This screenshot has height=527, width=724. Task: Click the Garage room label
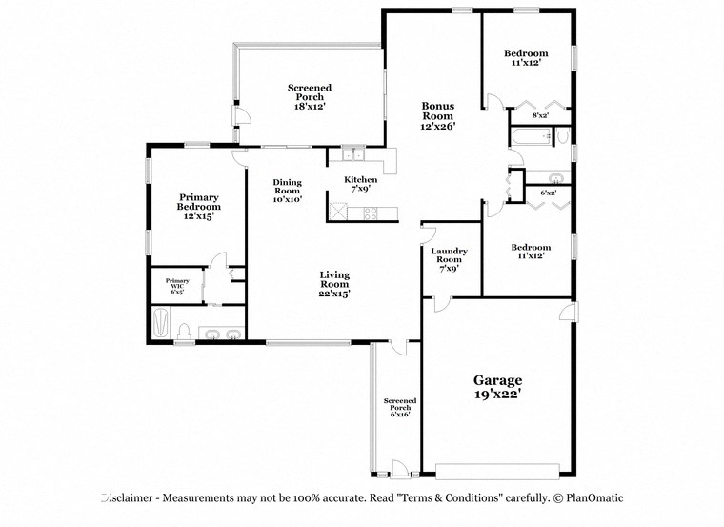coord(497,386)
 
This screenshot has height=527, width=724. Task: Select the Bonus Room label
coord(438,115)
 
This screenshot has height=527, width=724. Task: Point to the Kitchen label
coord(361,184)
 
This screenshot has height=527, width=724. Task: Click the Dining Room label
coord(287,191)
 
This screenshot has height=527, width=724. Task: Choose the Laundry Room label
coord(449,259)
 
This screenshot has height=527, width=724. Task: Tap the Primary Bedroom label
coord(199,207)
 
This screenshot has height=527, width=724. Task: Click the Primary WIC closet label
coord(177,285)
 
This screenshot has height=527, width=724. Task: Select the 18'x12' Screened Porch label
coord(310,97)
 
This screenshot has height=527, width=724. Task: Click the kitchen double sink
coord(352,154)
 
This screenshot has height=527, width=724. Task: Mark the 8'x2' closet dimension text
coord(539,115)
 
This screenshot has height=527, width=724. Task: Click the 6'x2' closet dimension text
coord(549,193)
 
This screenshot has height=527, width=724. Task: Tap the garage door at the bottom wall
coord(497,470)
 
